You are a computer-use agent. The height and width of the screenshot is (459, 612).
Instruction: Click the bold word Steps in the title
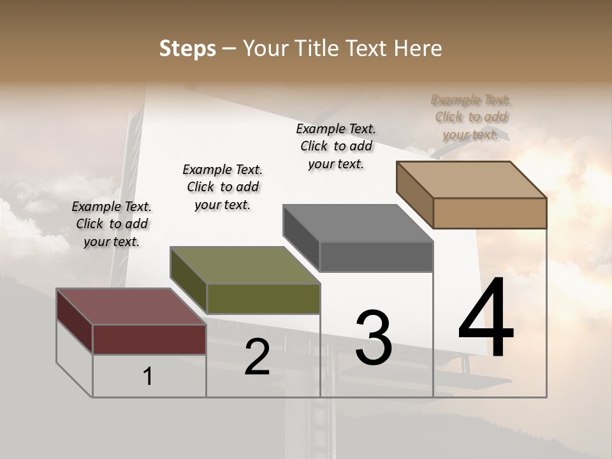[x=187, y=48]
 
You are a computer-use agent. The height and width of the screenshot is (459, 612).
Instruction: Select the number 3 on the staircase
[x=373, y=337]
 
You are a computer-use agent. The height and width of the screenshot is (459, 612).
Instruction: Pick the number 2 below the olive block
[x=257, y=357]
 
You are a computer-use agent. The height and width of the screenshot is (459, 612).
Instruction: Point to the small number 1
[x=148, y=376]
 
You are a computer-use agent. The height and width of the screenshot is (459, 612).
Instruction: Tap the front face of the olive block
[x=263, y=298]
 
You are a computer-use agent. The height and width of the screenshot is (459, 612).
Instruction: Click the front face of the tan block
[x=490, y=213]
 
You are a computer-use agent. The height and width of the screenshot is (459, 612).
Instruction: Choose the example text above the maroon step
[x=112, y=224]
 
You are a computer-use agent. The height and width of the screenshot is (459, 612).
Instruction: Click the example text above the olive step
[x=222, y=187]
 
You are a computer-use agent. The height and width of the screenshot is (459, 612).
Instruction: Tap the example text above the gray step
[x=336, y=146]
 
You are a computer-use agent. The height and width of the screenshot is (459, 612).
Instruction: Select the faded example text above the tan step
[x=471, y=117]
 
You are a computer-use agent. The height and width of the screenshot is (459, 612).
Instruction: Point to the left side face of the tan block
[x=414, y=194]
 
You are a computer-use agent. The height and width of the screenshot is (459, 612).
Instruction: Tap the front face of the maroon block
[x=149, y=339]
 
